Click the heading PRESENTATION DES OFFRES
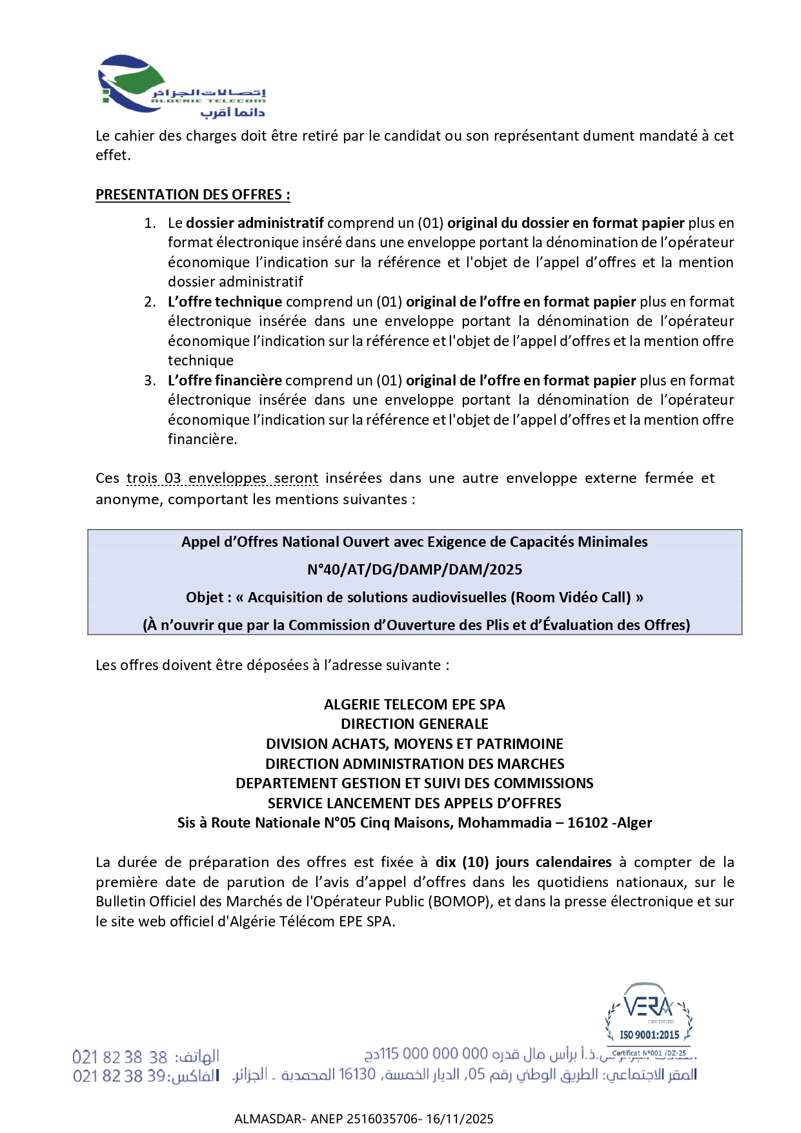point(192,195)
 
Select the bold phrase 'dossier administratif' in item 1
point(255,223)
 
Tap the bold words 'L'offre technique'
point(225,302)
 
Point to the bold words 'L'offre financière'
point(225,381)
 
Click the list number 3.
point(150,381)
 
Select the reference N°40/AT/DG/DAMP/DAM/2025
point(414,569)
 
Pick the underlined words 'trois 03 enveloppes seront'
point(222,478)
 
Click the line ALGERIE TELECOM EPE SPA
point(414,704)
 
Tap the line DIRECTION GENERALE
point(414,724)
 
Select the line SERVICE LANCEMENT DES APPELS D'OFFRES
point(414,803)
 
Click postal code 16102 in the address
point(587,823)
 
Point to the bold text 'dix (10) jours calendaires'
point(523,863)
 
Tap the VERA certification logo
point(649,1007)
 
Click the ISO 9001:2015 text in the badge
point(649,1035)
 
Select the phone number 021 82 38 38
point(120,1057)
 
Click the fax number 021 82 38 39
point(120,1076)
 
